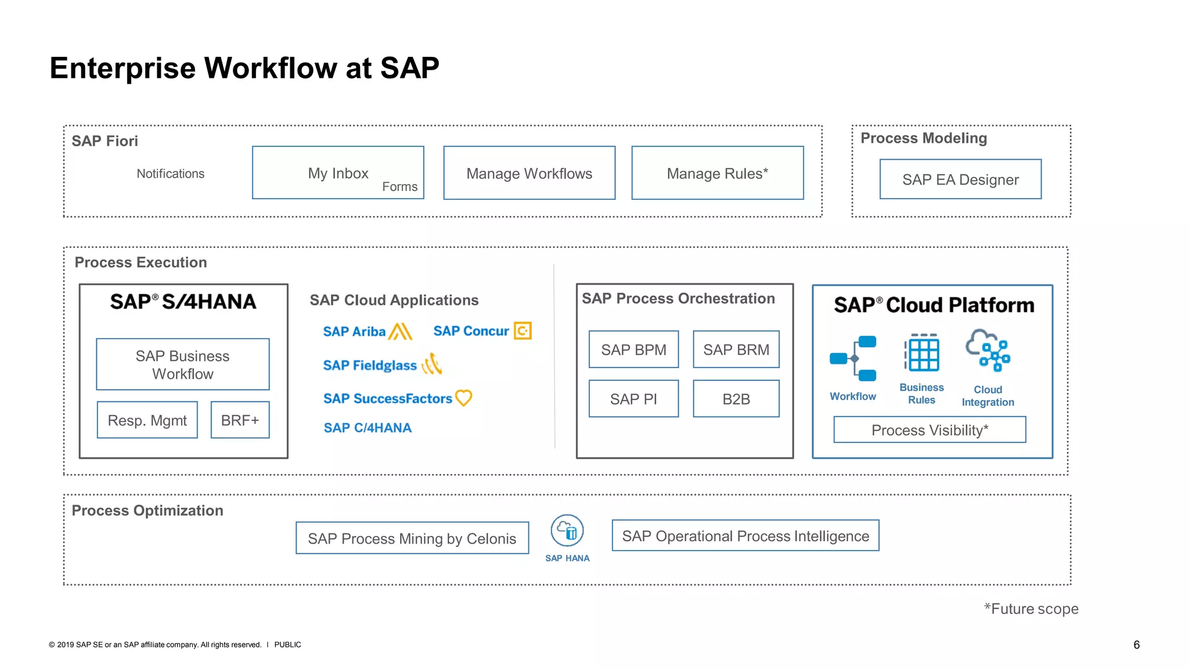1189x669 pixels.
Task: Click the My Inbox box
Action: tap(338, 173)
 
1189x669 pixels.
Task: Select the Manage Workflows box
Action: tap(529, 173)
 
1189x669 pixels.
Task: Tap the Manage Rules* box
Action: tap(717, 173)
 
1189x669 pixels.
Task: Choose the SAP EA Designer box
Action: tap(960, 179)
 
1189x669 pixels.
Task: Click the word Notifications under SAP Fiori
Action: tap(170, 174)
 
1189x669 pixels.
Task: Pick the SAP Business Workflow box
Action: tap(182, 364)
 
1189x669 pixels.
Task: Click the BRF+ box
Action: tap(240, 420)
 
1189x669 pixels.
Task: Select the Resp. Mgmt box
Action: tap(147, 420)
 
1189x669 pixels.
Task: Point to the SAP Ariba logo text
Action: tap(354, 332)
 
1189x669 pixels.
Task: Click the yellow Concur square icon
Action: tap(523, 330)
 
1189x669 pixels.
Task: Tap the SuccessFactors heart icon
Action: tap(463, 398)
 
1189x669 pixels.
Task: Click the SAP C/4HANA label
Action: tap(367, 428)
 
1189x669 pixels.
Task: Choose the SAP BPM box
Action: tap(633, 350)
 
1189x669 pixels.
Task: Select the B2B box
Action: tap(736, 399)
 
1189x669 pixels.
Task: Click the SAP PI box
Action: tap(633, 399)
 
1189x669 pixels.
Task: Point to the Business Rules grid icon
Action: tap(922, 353)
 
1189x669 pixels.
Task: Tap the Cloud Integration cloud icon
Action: tap(988, 350)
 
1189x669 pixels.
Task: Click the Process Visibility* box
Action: tap(929, 430)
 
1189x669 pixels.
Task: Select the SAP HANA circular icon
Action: tap(567, 531)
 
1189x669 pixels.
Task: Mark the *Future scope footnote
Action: tap(1031, 609)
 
